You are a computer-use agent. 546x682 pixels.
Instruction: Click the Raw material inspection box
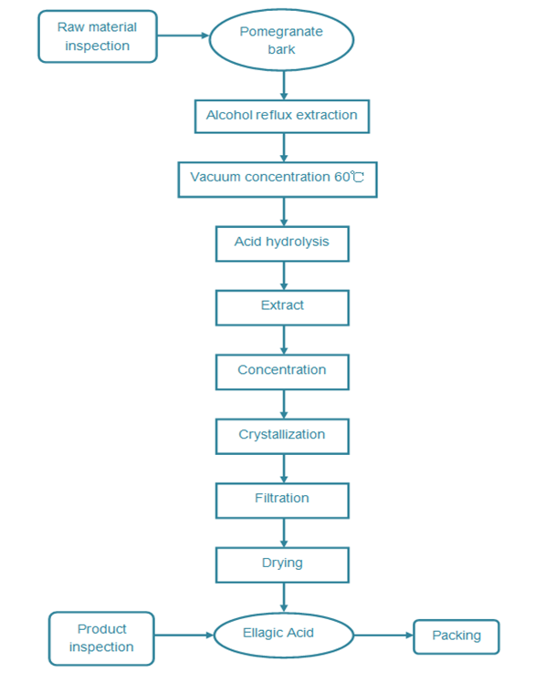click(x=98, y=36)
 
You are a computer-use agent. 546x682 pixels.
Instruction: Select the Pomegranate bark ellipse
click(x=281, y=40)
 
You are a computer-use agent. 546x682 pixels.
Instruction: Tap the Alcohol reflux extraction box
click(x=282, y=116)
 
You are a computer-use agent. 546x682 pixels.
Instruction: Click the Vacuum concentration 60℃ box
click(x=278, y=180)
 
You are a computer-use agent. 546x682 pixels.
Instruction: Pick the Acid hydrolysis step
click(x=282, y=243)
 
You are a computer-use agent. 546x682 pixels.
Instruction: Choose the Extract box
click(x=282, y=307)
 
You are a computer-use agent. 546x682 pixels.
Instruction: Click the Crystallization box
click(x=282, y=436)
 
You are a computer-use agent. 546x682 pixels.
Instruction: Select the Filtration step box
click(x=282, y=501)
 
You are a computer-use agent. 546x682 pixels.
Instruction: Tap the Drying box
click(x=282, y=564)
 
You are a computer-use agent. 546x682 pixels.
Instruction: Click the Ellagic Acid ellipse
click(x=283, y=635)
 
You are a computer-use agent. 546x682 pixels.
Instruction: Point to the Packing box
click(x=457, y=636)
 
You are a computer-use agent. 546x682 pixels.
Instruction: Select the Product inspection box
click(x=101, y=638)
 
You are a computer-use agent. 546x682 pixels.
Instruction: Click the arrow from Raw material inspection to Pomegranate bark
click(x=184, y=36)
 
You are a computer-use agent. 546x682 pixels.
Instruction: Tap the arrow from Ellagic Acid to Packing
click(x=383, y=635)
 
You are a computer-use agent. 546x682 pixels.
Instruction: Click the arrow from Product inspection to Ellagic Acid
click(x=184, y=635)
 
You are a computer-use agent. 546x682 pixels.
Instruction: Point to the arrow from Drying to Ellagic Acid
click(x=284, y=597)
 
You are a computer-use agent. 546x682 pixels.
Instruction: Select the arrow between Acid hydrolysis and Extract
click(x=284, y=276)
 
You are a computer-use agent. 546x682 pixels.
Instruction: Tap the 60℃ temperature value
click(x=349, y=177)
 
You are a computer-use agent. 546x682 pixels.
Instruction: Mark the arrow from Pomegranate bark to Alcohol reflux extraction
click(x=284, y=86)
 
